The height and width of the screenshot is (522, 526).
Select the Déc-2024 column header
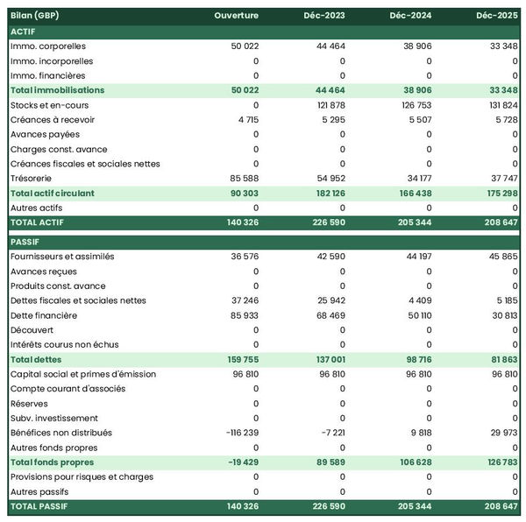[x=410, y=16]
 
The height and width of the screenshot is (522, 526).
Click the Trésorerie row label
[x=33, y=178]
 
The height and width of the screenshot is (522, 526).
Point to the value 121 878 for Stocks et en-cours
[x=328, y=105]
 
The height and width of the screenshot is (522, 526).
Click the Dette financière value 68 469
[x=328, y=315]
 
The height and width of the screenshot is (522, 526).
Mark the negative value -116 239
[x=235, y=433]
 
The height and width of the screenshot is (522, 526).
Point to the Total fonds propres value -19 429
[x=238, y=462]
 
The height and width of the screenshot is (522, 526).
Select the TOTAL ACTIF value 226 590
[x=325, y=222]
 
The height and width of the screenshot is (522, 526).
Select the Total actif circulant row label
[x=52, y=193]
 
